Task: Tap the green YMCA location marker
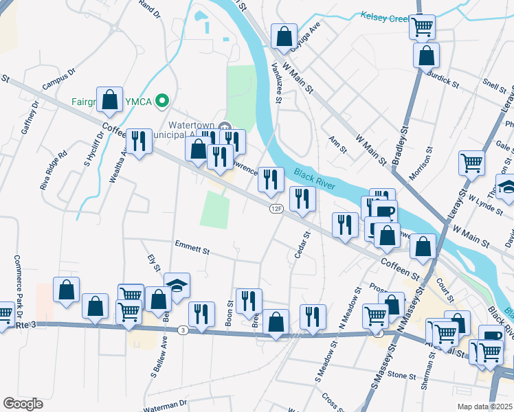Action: [162, 102]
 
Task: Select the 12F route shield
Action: [276, 208]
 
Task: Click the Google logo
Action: [23, 403]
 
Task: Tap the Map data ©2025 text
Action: [484, 406]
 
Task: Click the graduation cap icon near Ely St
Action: [177, 284]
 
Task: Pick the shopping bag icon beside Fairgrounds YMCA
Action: [110, 100]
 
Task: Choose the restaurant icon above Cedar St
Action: [302, 198]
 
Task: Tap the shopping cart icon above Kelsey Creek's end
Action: [422, 27]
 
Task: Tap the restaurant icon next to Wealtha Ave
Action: [139, 141]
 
